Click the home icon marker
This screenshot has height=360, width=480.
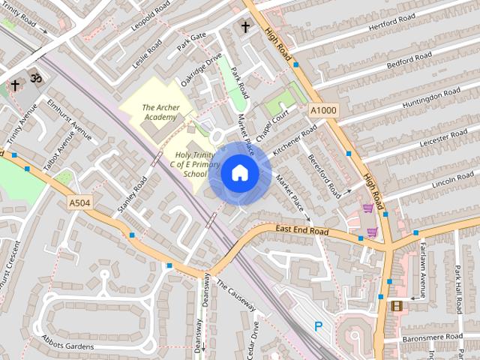point(239,173)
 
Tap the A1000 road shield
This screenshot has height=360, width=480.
point(324,111)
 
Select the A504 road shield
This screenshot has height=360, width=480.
point(79,202)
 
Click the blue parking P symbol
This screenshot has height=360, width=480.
point(319,326)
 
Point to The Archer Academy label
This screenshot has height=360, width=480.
point(160,112)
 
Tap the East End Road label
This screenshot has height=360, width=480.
point(301,230)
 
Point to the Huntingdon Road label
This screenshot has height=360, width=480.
point(430,98)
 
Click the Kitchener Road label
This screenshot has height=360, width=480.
point(295,139)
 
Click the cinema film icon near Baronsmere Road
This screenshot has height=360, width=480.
point(396,305)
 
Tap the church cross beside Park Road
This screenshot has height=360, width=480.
point(244,27)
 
